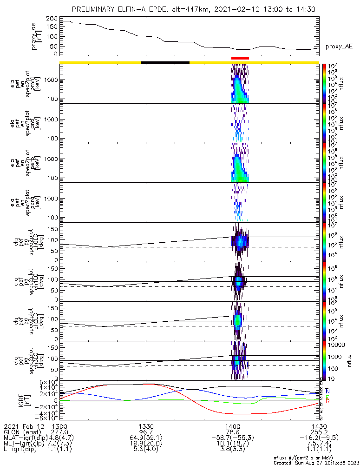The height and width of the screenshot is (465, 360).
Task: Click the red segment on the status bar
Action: [x=240, y=58]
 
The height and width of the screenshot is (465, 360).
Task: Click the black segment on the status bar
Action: [x=165, y=62]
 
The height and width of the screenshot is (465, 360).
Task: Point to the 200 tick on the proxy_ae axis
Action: [x=52, y=18]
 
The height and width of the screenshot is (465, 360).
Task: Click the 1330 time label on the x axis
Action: [x=146, y=426]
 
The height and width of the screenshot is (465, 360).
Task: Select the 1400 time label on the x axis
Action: [x=232, y=426]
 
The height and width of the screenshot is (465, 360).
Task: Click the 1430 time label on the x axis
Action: [x=319, y=426]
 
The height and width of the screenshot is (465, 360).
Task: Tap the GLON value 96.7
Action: [x=146, y=432]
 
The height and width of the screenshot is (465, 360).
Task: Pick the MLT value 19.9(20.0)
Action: [x=146, y=444]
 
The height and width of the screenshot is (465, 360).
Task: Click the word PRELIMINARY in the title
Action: [x=98, y=9]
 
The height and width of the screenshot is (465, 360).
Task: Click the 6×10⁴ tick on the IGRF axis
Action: [x=46, y=382]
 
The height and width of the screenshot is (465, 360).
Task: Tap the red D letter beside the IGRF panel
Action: [x=328, y=401]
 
